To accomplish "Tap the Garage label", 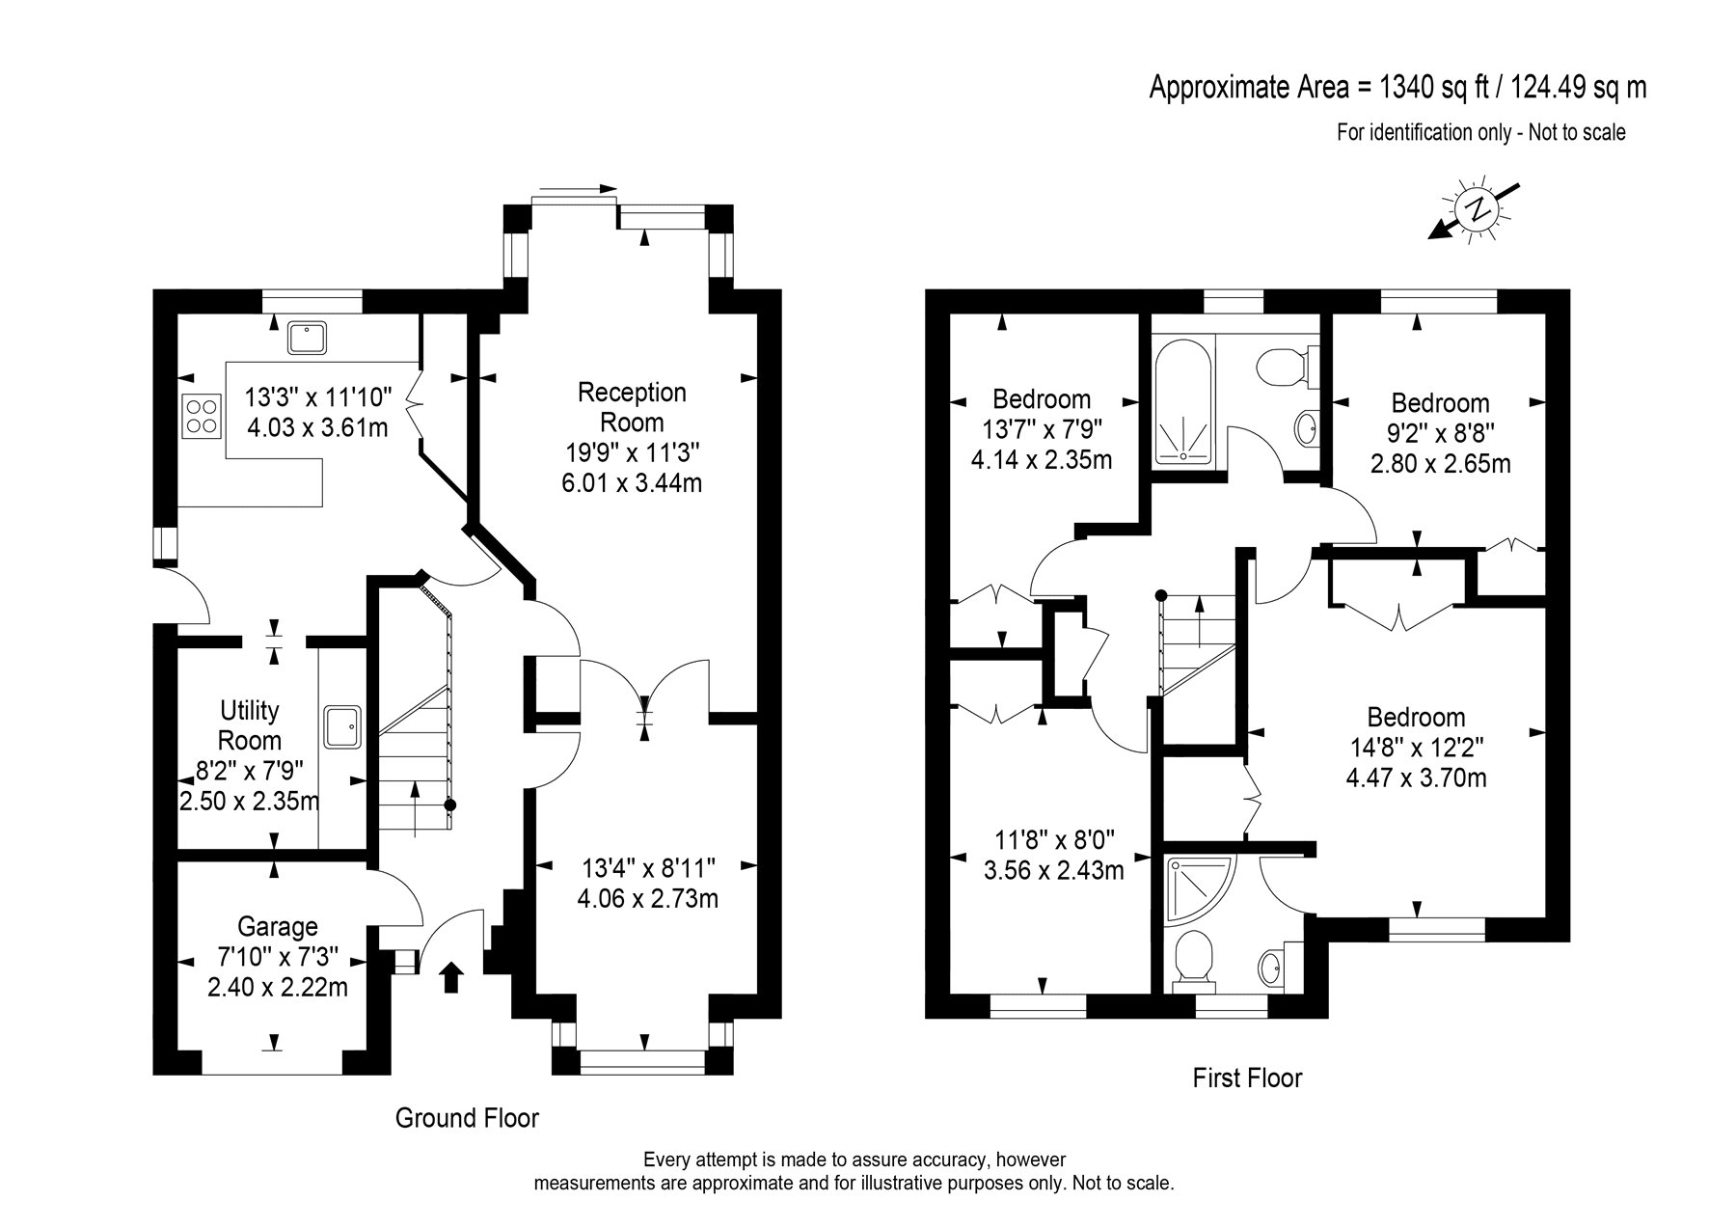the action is coord(278,927).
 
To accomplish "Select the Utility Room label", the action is coord(250,725).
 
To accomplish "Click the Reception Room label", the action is coord(632,407).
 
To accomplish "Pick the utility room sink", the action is coord(342,727).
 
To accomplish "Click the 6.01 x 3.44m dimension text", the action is coord(632,482).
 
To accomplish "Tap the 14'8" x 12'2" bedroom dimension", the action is coord(1416,748).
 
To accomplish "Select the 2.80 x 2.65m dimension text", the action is coord(1441,464).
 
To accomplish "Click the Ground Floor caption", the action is coord(467,1118).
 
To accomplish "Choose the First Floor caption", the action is coord(1247,1078).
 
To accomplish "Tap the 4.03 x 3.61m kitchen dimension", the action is coord(317,427).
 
